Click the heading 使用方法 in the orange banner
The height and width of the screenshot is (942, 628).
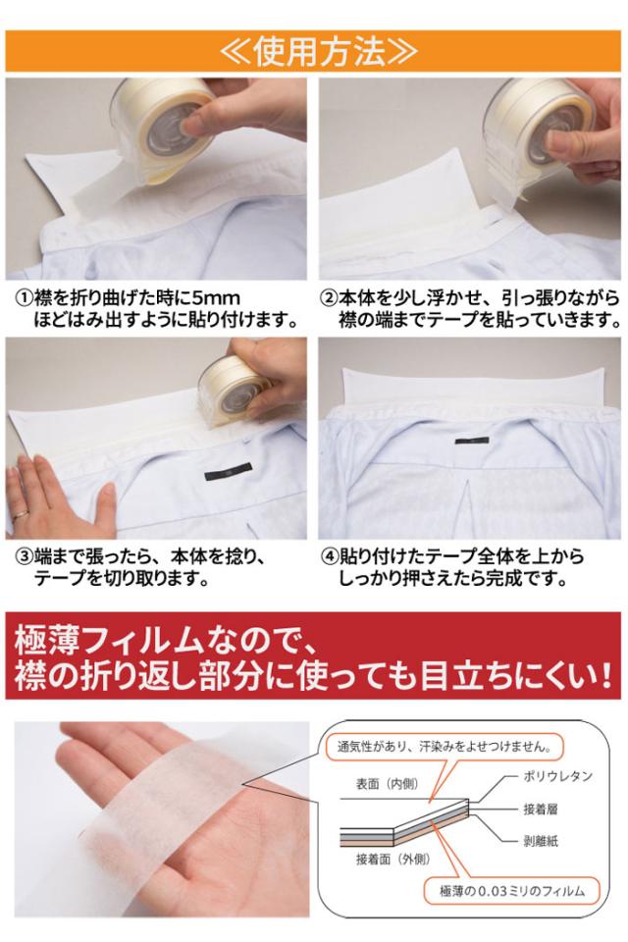(318, 52)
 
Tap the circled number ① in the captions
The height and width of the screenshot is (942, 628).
(24, 298)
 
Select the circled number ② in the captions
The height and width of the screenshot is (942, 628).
(329, 298)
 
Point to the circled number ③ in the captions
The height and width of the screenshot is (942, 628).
(24, 556)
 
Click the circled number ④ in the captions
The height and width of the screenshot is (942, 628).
(330, 556)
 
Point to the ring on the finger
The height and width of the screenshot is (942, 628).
(20, 513)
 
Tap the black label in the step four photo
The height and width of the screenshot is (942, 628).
(471, 441)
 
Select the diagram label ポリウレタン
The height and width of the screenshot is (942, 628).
(557, 776)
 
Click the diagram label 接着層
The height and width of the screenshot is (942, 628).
(541, 809)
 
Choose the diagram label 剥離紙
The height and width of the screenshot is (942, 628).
(541, 841)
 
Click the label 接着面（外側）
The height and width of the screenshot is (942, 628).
(393, 860)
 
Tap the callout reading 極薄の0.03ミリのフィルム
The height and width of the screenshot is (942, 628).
(512, 891)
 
